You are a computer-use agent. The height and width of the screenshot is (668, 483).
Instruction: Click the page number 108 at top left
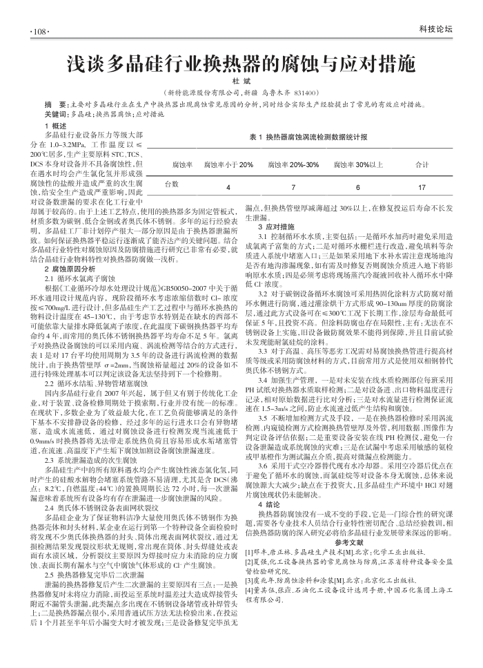36,32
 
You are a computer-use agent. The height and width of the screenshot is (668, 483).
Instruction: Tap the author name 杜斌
241,82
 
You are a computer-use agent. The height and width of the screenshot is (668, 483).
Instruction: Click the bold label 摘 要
55,104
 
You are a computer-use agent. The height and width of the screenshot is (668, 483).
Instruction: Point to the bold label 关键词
56,113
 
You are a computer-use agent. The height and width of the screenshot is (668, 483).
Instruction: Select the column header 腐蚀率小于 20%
228,165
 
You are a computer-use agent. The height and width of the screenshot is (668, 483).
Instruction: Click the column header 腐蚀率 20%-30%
293,165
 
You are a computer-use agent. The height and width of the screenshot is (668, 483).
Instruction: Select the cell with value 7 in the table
293,188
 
